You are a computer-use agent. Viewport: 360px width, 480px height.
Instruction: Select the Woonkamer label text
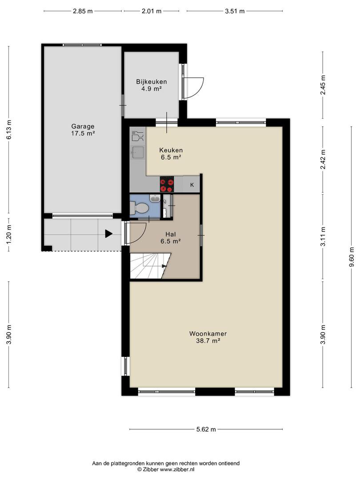(x=208, y=334)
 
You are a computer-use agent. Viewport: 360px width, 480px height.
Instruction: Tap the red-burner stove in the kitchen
(x=167, y=184)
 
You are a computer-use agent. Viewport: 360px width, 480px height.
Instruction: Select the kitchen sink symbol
(x=138, y=152)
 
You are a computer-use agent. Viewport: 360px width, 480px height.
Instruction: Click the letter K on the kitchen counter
(x=192, y=185)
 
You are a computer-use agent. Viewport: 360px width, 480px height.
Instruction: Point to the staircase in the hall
(x=150, y=266)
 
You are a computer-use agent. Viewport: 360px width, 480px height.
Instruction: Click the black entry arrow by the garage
(x=109, y=234)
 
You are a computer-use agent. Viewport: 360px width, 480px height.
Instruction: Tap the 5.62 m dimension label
(x=206, y=429)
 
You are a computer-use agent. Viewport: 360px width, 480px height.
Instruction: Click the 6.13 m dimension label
(x=9, y=129)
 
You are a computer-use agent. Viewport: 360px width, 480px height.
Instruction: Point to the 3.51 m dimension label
(x=235, y=11)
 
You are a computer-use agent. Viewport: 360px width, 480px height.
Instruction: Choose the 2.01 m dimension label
(x=151, y=11)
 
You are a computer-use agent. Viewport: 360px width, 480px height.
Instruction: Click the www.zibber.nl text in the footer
(x=177, y=469)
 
